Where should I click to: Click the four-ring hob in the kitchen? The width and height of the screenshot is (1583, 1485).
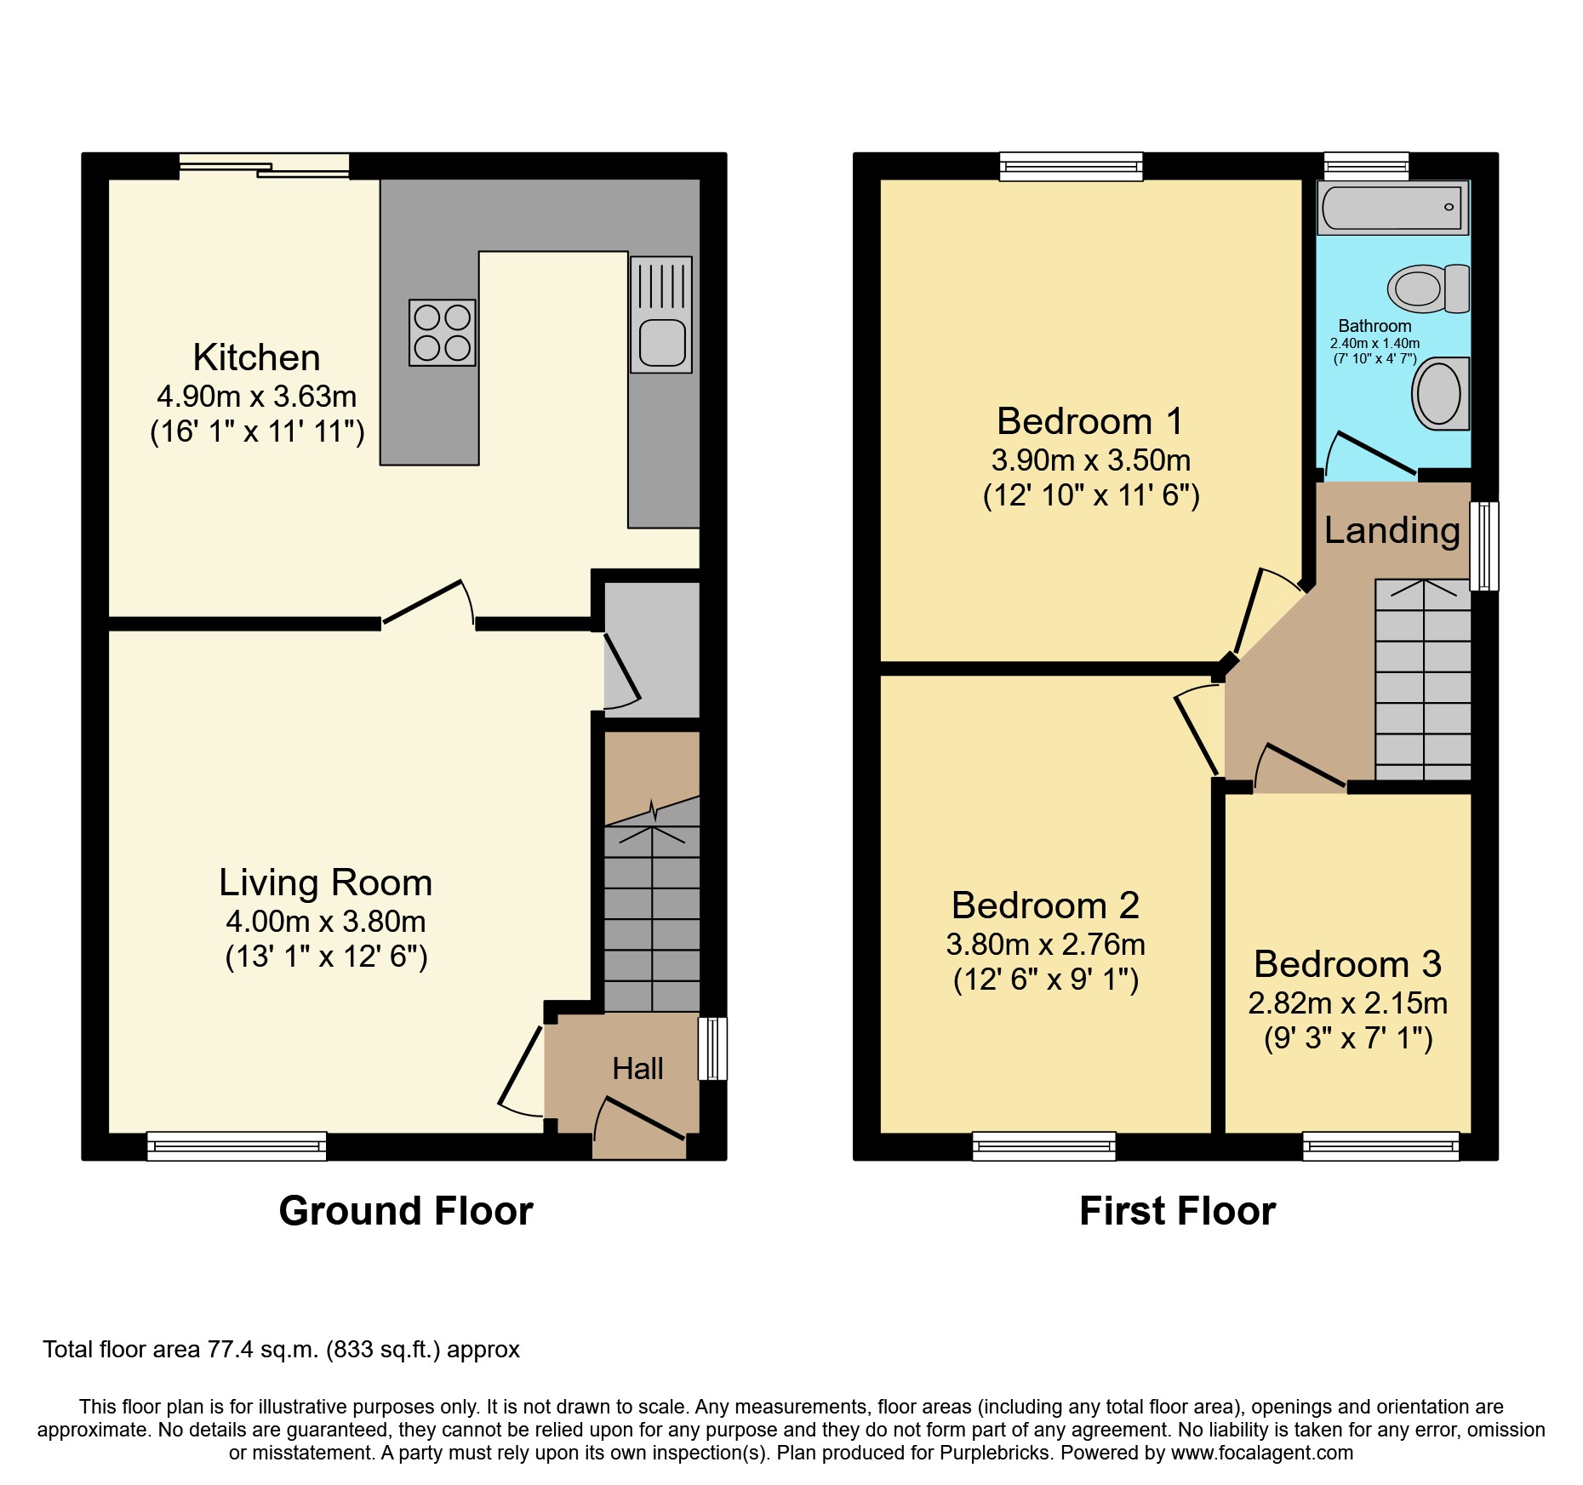(442, 333)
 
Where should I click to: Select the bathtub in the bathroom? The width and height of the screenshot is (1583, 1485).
(1392, 207)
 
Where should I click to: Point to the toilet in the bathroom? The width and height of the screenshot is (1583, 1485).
(1428, 288)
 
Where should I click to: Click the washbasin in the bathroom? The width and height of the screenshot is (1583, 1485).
(1440, 394)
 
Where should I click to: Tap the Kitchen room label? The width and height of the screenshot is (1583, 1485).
(256, 357)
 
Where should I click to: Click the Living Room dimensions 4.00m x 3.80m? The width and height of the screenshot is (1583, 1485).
(325, 922)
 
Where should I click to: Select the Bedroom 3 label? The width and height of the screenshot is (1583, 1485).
(1347, 964)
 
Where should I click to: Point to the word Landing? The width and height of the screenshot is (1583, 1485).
(1392, 530)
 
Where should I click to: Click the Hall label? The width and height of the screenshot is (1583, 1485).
(637, 1069)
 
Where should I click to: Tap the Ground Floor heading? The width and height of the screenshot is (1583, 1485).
(406, 1211)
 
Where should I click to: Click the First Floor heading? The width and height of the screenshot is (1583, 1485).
(1177, 1211)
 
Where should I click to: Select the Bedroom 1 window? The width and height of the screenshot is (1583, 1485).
(1071, 167)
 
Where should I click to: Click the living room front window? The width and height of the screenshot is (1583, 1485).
(237, 1145)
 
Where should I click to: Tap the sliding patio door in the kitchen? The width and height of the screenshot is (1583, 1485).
(264, 166)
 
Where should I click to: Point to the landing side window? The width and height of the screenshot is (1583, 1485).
(1484, 545)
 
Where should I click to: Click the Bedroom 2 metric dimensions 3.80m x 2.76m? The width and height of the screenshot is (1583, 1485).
(1045, 945)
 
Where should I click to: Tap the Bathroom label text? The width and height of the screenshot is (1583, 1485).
(1374, 326)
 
